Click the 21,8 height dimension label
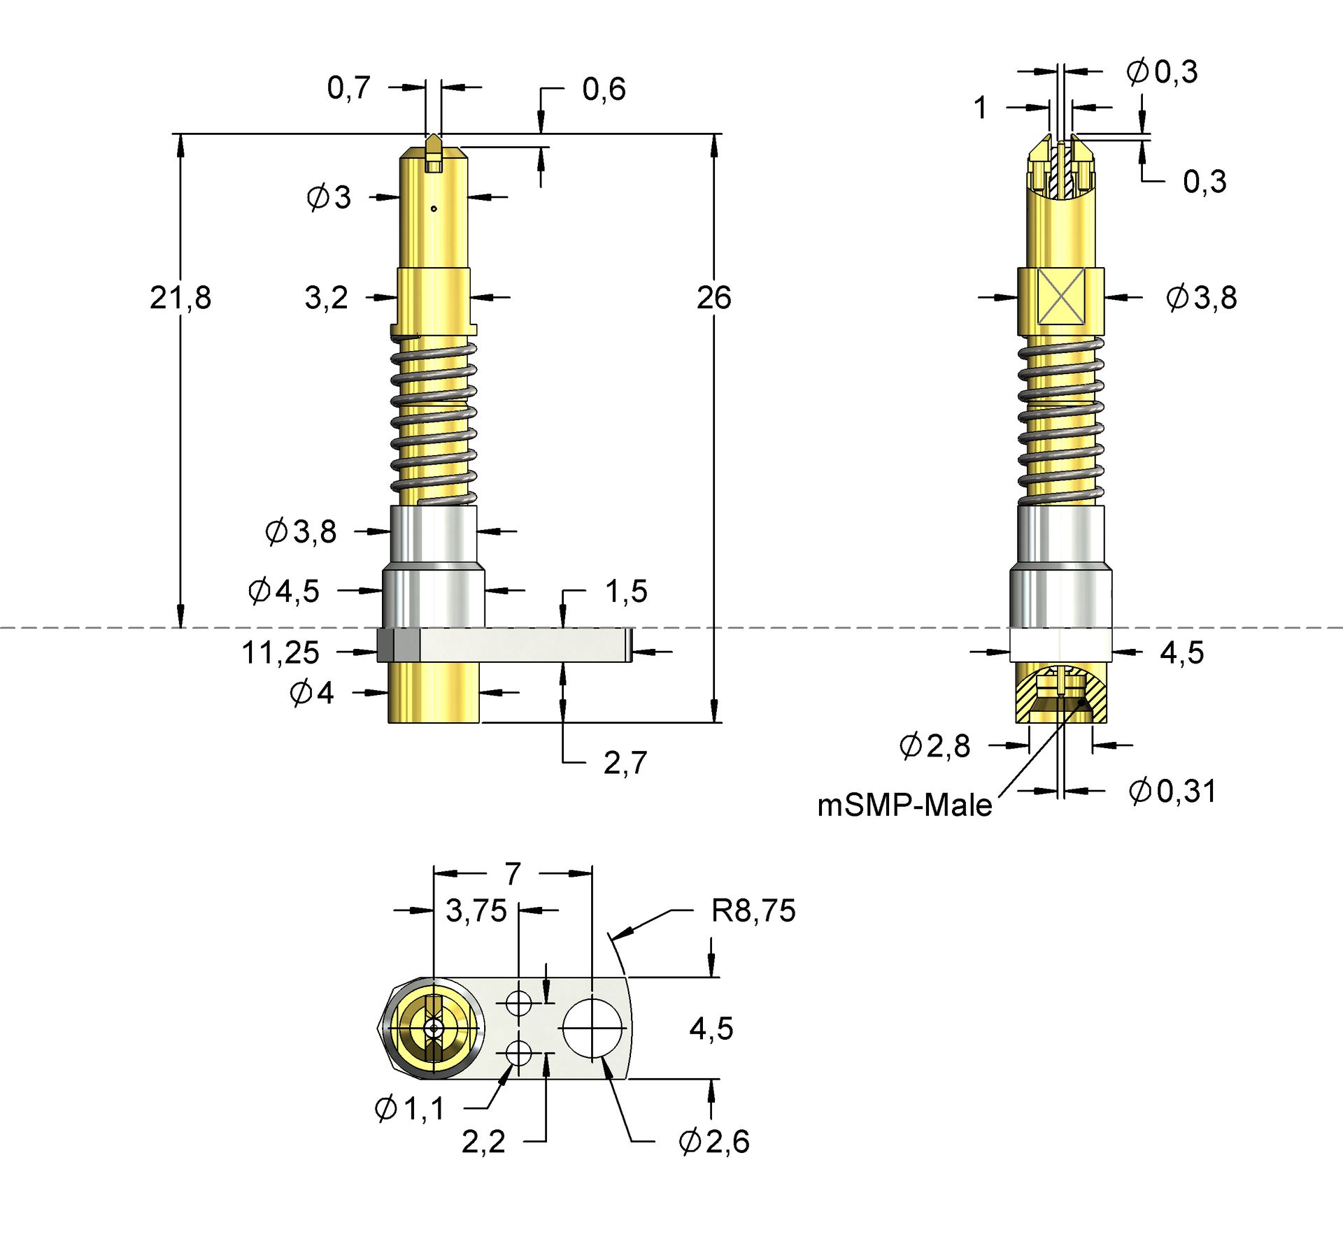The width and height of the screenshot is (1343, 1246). coord(180,298)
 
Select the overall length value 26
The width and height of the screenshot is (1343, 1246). coord(713,298)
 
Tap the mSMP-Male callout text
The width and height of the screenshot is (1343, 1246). coord(904,805)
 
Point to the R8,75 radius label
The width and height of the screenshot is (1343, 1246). coord(753,911)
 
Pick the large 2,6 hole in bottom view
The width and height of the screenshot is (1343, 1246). coord(592,1029)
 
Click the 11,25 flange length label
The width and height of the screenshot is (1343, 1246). coord(280,652)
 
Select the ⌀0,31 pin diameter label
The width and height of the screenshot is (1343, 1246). coord(1172,791)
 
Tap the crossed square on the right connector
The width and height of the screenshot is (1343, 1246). coord(1060,296)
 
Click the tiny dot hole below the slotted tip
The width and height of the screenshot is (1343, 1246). coord(434,208)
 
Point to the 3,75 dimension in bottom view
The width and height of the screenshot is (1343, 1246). coord(476,911)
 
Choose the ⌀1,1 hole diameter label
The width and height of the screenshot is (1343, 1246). coord(410,1108)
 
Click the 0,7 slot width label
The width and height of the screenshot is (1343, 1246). coord(348,88)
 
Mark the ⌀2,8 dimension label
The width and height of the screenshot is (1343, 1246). coord(935,746)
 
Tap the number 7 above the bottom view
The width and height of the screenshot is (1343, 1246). coord(513,874)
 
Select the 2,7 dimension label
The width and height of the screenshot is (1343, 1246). coord(625,763)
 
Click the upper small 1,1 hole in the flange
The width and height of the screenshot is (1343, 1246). coord(518,1003)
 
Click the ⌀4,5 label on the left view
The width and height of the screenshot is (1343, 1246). coord(284,592)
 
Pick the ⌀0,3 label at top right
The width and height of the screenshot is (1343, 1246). coord(1162,72)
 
